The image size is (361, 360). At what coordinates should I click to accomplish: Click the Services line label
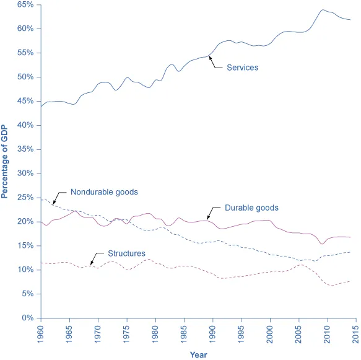coord(242,68)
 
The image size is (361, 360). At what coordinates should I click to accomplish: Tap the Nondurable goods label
coord(103,191)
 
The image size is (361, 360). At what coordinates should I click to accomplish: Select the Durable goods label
coord(251,208)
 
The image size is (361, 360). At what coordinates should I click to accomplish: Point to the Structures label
coord(126,253)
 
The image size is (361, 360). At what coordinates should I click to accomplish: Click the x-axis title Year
coord(198,355)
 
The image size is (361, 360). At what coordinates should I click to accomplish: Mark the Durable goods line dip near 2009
coord(321,244)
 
